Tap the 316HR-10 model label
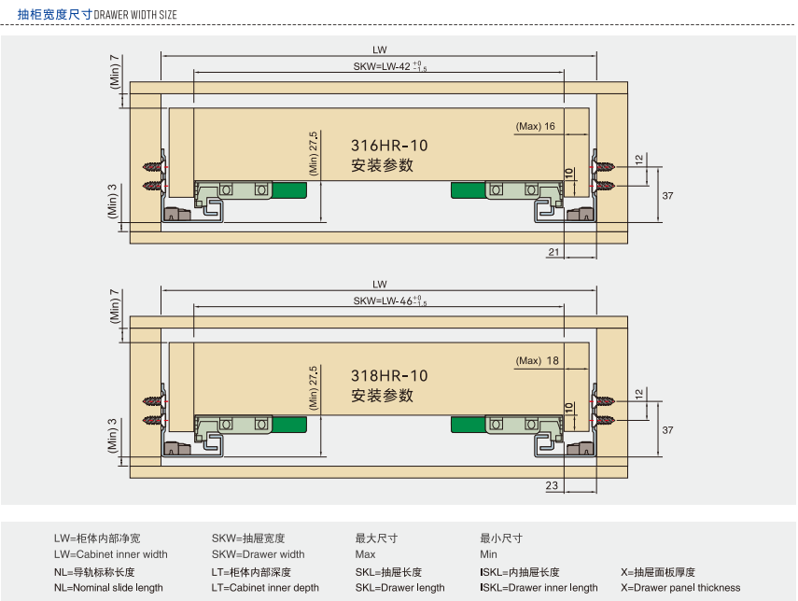pyautogui.click(x=389, y=146)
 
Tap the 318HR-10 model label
pyautogui.click(x=389, y=376)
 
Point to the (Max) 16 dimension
pyautogui.click(x=536, y=126)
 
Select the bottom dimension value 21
pyautogui.click(x=553, y=252)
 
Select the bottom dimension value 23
pyautogui.click(x=552, y=485)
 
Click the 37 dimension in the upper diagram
pyautogui.click(x=667, y=195)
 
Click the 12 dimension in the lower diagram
pyautogui.click(x=638, y=394)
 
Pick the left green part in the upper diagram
pyautogui.click(x=290, y=191)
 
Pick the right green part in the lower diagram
pyautogui.click(x=468, y=425)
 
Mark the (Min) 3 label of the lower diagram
pyautogui.click(x=114, y=434)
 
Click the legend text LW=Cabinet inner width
pyautogui.click(x=110, y=554)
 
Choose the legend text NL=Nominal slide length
pyautogui.click(x=108, y=588)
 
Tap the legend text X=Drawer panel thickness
pyautogui.click(x=680, y=588)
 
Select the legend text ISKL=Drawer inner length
pyautogui.click(x=539, y=588)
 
